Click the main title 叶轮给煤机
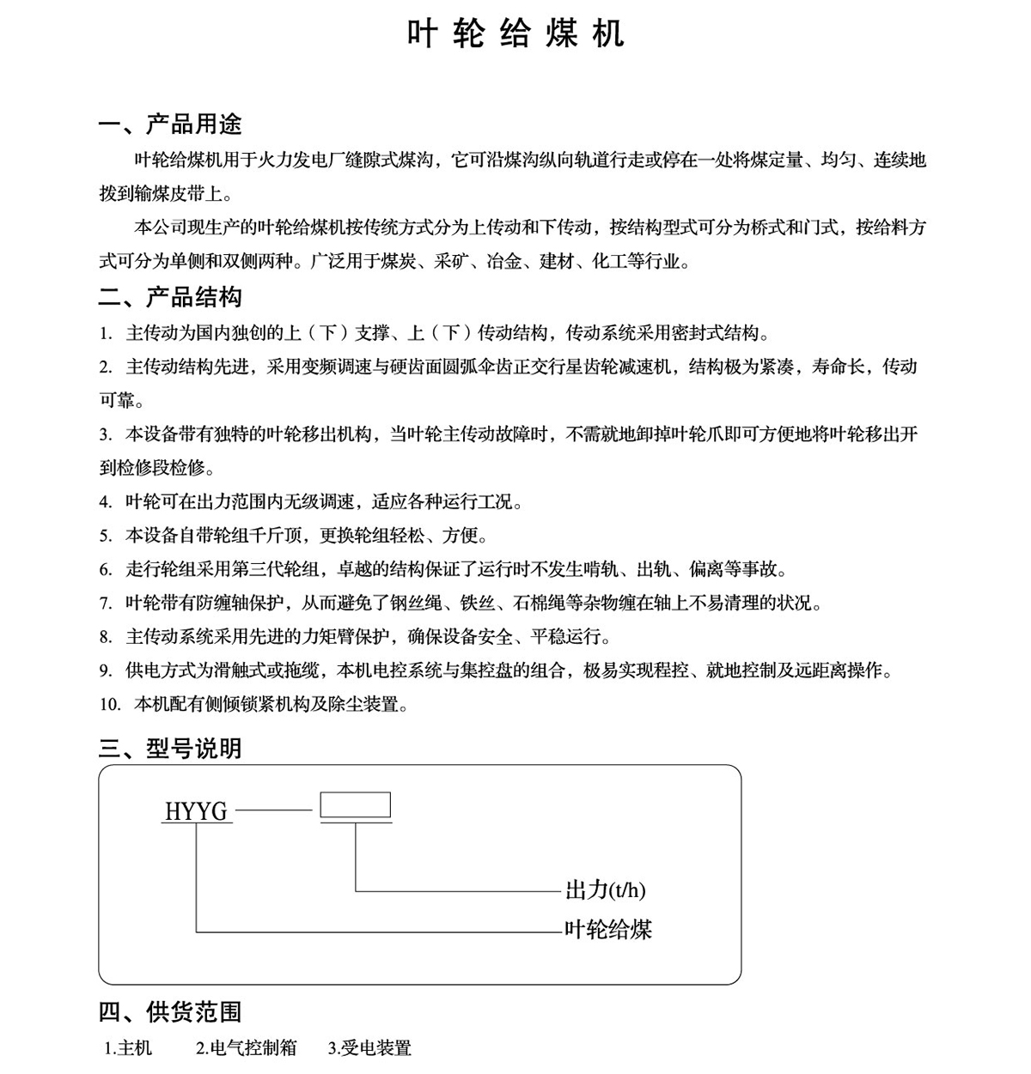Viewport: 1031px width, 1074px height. [x=515, y=34]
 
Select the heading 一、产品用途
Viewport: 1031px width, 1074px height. [x=170, y=124]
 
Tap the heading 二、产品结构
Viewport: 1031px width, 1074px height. [x=170, y=297]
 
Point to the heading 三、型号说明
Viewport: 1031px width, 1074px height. [x=170, y=749]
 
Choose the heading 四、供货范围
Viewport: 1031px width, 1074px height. [x=170, y=1012]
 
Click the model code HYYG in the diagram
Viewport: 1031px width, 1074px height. [x=197, y=811]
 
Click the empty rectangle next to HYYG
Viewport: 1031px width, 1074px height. [x=355, y=805]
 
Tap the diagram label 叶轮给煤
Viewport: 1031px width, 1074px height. [x=608, y=929]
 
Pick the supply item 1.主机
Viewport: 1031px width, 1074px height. [x=128, y=1048]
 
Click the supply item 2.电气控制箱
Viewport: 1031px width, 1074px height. [x=246, y=1048]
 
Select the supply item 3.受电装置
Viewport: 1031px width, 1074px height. [x=369, y=1048]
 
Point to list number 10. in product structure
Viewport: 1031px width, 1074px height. [x=110, y=705]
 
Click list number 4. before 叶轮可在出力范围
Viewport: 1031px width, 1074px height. [x=106, y=502]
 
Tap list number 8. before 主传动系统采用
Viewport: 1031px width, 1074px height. [x=106, y=637]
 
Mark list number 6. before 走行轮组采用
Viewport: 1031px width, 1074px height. [x=106, y=569]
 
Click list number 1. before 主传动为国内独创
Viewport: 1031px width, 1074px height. [x=106, y=333]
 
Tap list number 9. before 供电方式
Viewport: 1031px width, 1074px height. [x=106, y=670]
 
